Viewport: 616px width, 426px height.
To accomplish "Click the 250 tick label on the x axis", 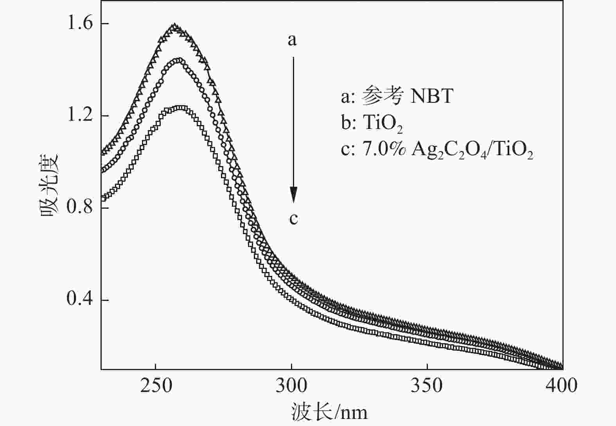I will [156, 385].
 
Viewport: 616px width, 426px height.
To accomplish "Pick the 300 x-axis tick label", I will [291, 385].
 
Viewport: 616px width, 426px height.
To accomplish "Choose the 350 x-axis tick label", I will [427, 385].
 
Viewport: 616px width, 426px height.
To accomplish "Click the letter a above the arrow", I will [293, 39].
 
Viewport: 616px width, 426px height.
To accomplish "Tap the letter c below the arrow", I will [293, 218].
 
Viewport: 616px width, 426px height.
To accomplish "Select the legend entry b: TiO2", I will [372, 124].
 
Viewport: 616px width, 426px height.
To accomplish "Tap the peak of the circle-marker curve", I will [178, 60].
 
